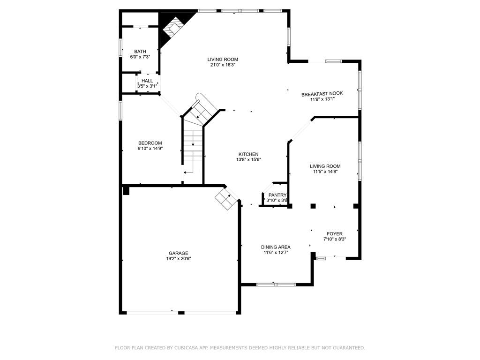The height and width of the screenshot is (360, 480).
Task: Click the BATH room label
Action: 140,52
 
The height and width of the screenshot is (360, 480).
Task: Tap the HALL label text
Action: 147,81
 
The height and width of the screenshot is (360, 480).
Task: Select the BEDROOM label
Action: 150,143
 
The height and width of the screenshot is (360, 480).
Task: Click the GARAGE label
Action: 179,253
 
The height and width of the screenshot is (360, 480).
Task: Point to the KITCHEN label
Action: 248,154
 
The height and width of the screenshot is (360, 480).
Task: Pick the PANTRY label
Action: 277,195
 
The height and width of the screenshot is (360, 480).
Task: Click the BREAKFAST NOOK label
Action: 322,94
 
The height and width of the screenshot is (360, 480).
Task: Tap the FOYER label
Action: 335,234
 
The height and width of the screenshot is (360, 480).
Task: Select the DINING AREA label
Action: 276,247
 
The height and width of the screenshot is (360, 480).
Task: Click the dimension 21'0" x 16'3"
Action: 223,65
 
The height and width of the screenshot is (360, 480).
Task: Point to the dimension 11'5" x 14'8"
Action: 325,172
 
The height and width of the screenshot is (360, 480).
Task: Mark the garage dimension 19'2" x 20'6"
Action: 179,259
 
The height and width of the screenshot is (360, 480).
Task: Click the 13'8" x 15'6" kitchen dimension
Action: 248,159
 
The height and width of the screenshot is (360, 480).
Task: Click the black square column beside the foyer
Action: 313,206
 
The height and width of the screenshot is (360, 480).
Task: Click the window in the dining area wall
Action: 276,285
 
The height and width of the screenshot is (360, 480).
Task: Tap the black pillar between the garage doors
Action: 181,313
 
